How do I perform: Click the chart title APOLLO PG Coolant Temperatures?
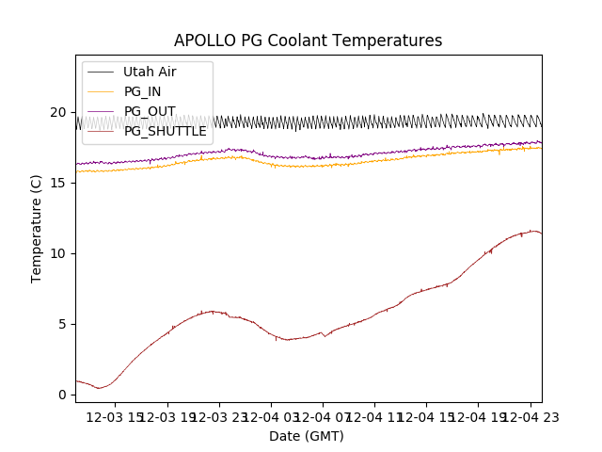click(x=308, y=40)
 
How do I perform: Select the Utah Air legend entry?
click(x=150, y=72)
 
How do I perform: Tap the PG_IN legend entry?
click(x=142, y=91)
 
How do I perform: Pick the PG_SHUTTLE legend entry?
click(x=165, y=131)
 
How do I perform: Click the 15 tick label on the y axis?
click(x=58, y=183)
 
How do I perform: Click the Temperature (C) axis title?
click(x=37, y=228)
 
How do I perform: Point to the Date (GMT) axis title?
click(x=307, y=436)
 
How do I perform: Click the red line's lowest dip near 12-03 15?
click(x=99, y=388)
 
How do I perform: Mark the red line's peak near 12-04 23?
click(x=532, y=231)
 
